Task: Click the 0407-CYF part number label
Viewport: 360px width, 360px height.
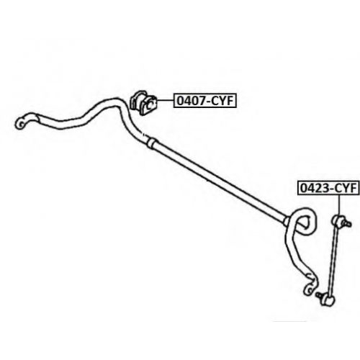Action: tap(205, 101)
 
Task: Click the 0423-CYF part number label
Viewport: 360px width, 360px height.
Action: tap(329, 188)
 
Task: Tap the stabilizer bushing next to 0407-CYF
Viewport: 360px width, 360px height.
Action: tap(143, 103)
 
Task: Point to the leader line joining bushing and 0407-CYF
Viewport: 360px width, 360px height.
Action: tap(165, 101)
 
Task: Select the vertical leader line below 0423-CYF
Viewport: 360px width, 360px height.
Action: tap(339, 205)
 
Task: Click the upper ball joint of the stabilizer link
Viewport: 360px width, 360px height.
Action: tap(338, 221)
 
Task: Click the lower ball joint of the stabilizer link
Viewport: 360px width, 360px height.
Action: tap(328, 300)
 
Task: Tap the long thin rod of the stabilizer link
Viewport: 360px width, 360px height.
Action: tap(333, 261)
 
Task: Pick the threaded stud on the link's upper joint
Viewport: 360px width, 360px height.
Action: tap(347, 224)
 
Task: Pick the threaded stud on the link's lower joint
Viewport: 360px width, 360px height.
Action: tap(320, 294)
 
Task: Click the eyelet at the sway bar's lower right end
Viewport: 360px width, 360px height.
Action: tap(309, 289)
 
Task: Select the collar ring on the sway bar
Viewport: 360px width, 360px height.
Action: tap(151, 143)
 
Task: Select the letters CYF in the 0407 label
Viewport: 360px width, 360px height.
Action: tap(222, 101)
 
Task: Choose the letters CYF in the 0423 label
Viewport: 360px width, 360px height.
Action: tap(346, 188)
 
